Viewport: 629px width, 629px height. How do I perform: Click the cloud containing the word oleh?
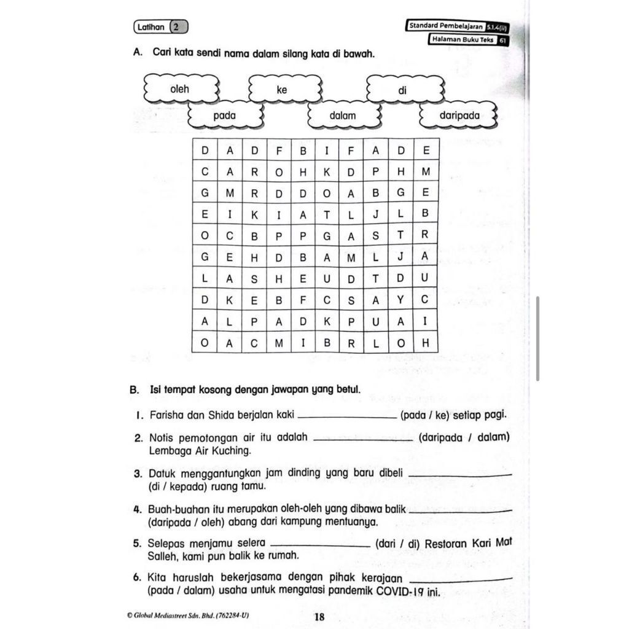(x=180, y=90)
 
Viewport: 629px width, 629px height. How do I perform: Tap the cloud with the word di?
(x=403, y=90)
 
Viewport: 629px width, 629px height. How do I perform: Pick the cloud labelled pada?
(x=225, y=115)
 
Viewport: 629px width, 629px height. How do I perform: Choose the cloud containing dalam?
(x=342, y=115)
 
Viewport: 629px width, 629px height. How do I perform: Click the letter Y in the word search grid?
(x=400, y=300)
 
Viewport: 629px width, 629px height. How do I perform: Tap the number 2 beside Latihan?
(x=176, y=27)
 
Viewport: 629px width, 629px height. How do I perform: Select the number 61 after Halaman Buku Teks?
(x=502, y=41)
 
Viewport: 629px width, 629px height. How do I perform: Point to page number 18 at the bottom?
(x=319, y=617)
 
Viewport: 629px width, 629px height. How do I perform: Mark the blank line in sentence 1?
(x=346, y=418)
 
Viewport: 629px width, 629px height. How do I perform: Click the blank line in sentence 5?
(x=319, y=546)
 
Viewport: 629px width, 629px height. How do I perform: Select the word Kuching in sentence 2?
(x=232, y=450)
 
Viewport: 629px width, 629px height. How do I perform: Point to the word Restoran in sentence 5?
(x=447, y=543)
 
